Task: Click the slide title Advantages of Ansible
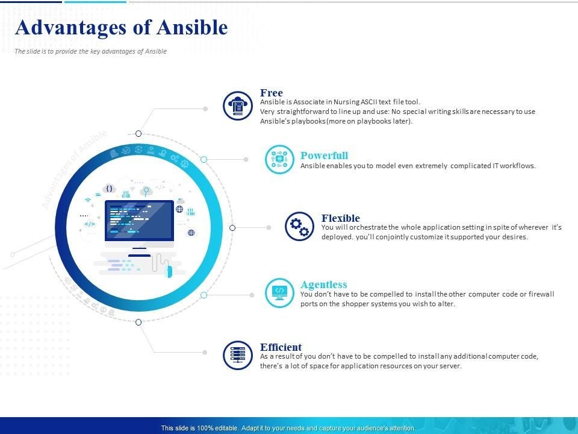pyautogui.click(x=121, y=27)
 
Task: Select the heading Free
pyautogui.click(x=272, y=93)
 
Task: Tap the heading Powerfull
pyautogui.click(x=324, y=156)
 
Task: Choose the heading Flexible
pyautogui.click(x=341, y=218)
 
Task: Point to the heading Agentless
pyautogui.click(x=324, y=284)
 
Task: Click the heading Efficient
pyautogui.click(x=281, y=347)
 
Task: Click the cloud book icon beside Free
pyautogui.click(x=238, y=105)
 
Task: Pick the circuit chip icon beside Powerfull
pyautogui.click(x=279, y=159)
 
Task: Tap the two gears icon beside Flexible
pyautogui.click(x=299, y=226)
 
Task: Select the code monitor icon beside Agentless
pyautogui.click(x=279, y=293)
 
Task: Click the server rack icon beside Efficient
pyautogui.click(x=238, y=355)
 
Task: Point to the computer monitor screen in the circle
pyautogui.click(x=139, y=221)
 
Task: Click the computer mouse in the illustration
pyautogui.click(x=169, y=271)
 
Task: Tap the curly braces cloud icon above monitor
pyautogui.click(x=109, y=189)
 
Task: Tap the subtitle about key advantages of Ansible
pyautogui.click(x=91, y=51)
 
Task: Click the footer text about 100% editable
pyautogui.click(x=288, y=428)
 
